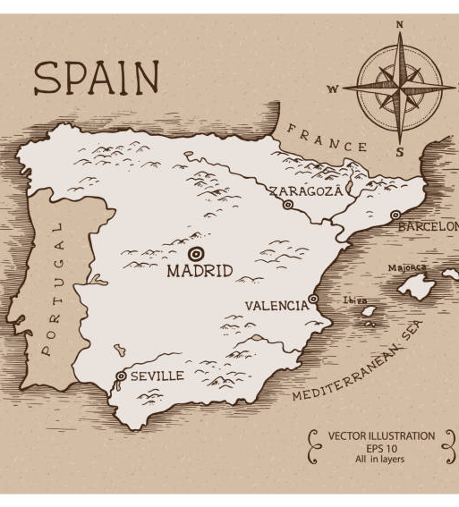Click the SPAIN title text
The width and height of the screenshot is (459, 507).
pos(97,78)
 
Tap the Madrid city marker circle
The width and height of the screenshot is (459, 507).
pos(196,252)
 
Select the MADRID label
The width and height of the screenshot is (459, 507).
pos(200,271)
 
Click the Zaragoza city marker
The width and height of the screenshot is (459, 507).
pos(288,205)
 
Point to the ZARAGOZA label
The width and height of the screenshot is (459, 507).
pos(306,190)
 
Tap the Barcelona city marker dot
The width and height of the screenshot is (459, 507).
pos(395,215)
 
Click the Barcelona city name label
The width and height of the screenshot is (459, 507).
pos(428,227)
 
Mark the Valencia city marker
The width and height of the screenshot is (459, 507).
pos(312,299)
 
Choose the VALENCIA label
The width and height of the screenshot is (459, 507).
pos(276,306)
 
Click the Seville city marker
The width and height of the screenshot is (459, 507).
pos(121,376)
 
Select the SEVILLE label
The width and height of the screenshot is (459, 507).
pos(157,376)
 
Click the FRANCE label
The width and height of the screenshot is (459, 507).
pos(327,139)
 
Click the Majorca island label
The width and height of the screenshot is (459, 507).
pos(407,267)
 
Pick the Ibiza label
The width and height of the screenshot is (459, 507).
pos(355,300)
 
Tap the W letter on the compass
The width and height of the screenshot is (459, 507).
pos(333,89)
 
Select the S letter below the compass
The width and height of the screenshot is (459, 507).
pos(400,152)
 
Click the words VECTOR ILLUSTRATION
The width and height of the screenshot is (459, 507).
pos(381,436)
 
